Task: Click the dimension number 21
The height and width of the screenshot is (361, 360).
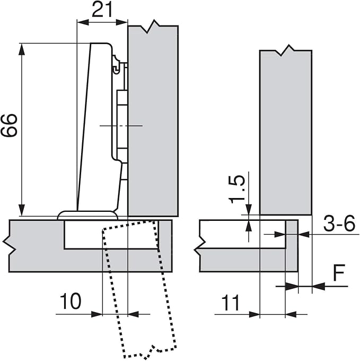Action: click(102, 10)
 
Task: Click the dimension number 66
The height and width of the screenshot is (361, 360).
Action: click(8, 125)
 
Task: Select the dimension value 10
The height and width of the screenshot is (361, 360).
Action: click(71, 301)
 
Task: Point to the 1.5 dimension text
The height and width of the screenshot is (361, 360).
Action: click(237, 190)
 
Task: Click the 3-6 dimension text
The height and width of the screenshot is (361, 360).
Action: click(339, 223)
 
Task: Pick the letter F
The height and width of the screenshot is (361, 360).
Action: click(339, 273)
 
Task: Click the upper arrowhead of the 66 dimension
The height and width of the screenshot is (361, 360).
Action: click(22, 49)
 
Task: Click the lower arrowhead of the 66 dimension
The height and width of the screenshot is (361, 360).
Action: click(22, 210)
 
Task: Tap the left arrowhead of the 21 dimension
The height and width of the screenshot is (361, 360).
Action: click(83, 22)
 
